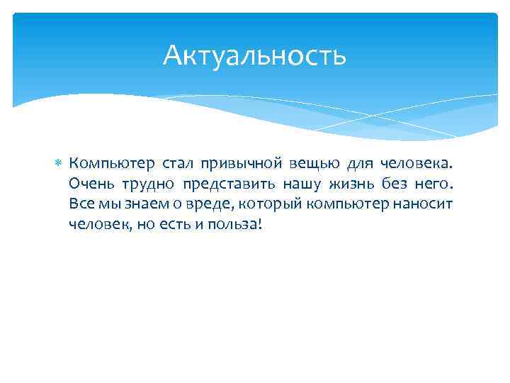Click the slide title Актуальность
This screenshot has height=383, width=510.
[x=254, y=55]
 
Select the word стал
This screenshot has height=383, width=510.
[x=177, y=165]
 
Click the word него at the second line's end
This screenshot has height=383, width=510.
[x=431, y=184]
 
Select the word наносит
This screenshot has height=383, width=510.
[x=425, y=204]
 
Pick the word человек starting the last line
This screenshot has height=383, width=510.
[x=97, y=224]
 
